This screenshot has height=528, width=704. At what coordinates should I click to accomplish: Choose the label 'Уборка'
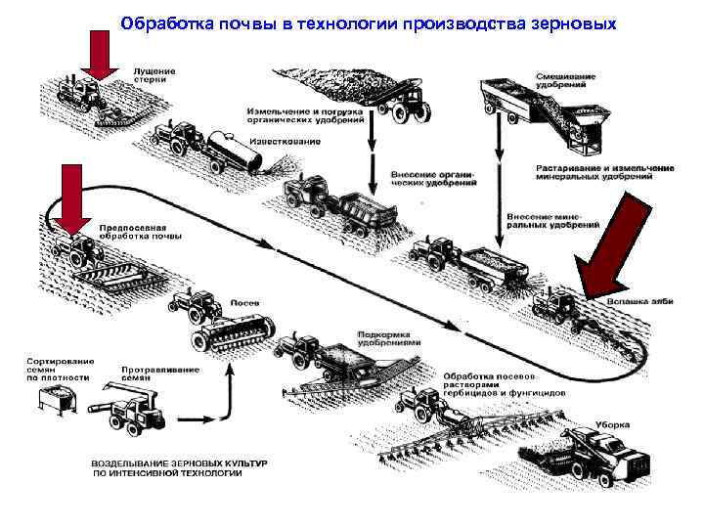(x=614, y=426)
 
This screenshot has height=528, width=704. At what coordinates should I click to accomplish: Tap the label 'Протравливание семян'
(x=160, y=374)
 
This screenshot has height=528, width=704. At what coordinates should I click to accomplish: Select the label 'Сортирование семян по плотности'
(x=58, y=369)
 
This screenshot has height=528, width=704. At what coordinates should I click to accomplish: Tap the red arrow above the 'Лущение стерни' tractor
(x=97, y=53)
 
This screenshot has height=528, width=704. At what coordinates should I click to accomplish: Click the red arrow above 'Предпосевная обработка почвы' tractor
(x=71, y=198)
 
